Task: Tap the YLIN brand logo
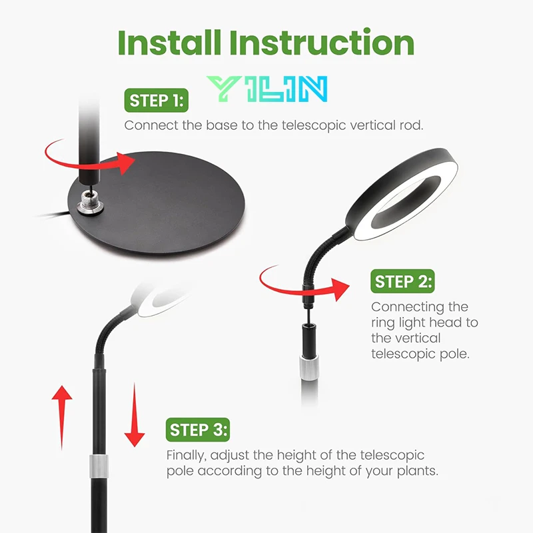(x=266, y=89)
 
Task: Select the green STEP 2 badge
(x=402, y=281)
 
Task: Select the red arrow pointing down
(x=134, y=416)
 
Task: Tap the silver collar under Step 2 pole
(x=308, y=366)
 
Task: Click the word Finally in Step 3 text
(x=187, y=456)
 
